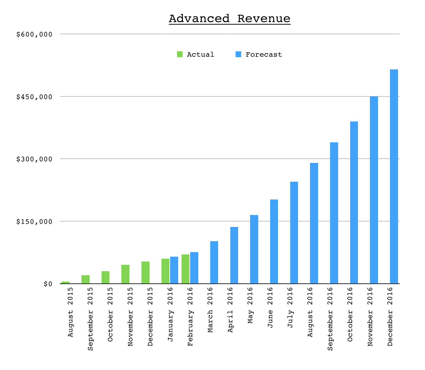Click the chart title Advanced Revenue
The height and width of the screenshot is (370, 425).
coord(230,19)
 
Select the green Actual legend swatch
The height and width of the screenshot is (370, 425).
coord(180,54)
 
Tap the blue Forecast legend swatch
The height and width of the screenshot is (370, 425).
coord(238,54)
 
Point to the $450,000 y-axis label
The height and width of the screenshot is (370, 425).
coord(34,97)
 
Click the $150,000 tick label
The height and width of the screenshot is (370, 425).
coord(34,222)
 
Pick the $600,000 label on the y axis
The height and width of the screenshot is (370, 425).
coord(34,35)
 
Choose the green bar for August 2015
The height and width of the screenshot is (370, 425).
coord(66,282)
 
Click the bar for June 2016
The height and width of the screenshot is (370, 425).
coord(274,241)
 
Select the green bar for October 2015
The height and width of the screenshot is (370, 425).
coord(105,277)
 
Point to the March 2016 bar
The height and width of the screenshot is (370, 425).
coord(214,262)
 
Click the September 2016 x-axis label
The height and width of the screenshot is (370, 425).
coord(330,319)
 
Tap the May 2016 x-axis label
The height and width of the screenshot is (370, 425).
coord(250,305)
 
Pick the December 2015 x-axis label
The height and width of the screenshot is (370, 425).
coord(150,317)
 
